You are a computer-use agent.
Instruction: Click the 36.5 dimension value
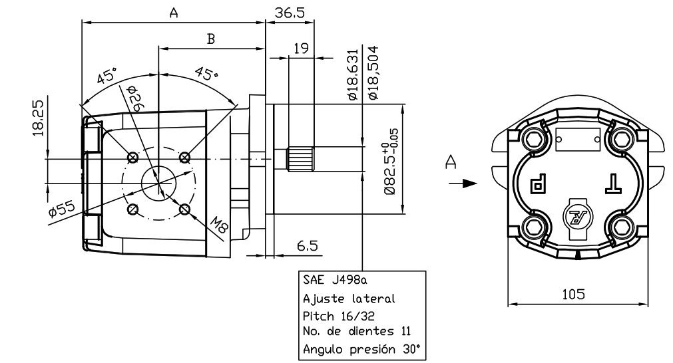click(290, 13)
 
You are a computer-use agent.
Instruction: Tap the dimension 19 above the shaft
click(302, 48)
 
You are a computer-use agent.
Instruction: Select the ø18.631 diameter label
click(352, 74)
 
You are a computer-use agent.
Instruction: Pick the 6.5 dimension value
click(308, 245)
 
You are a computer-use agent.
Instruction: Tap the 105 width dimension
click(573, 294)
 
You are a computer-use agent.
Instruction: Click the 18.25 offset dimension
click(39, 118)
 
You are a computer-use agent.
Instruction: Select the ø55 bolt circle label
click(62, 209)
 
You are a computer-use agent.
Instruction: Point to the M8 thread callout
click(219, 225)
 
